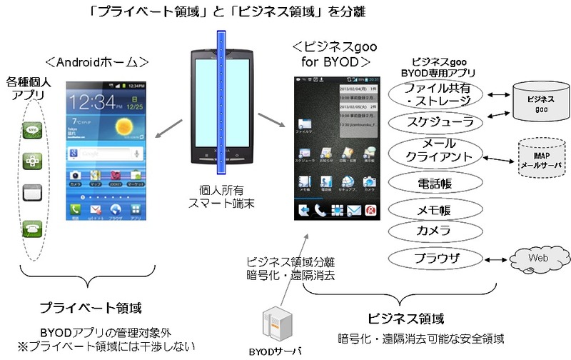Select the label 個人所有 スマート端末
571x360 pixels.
tap(223, 197)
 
